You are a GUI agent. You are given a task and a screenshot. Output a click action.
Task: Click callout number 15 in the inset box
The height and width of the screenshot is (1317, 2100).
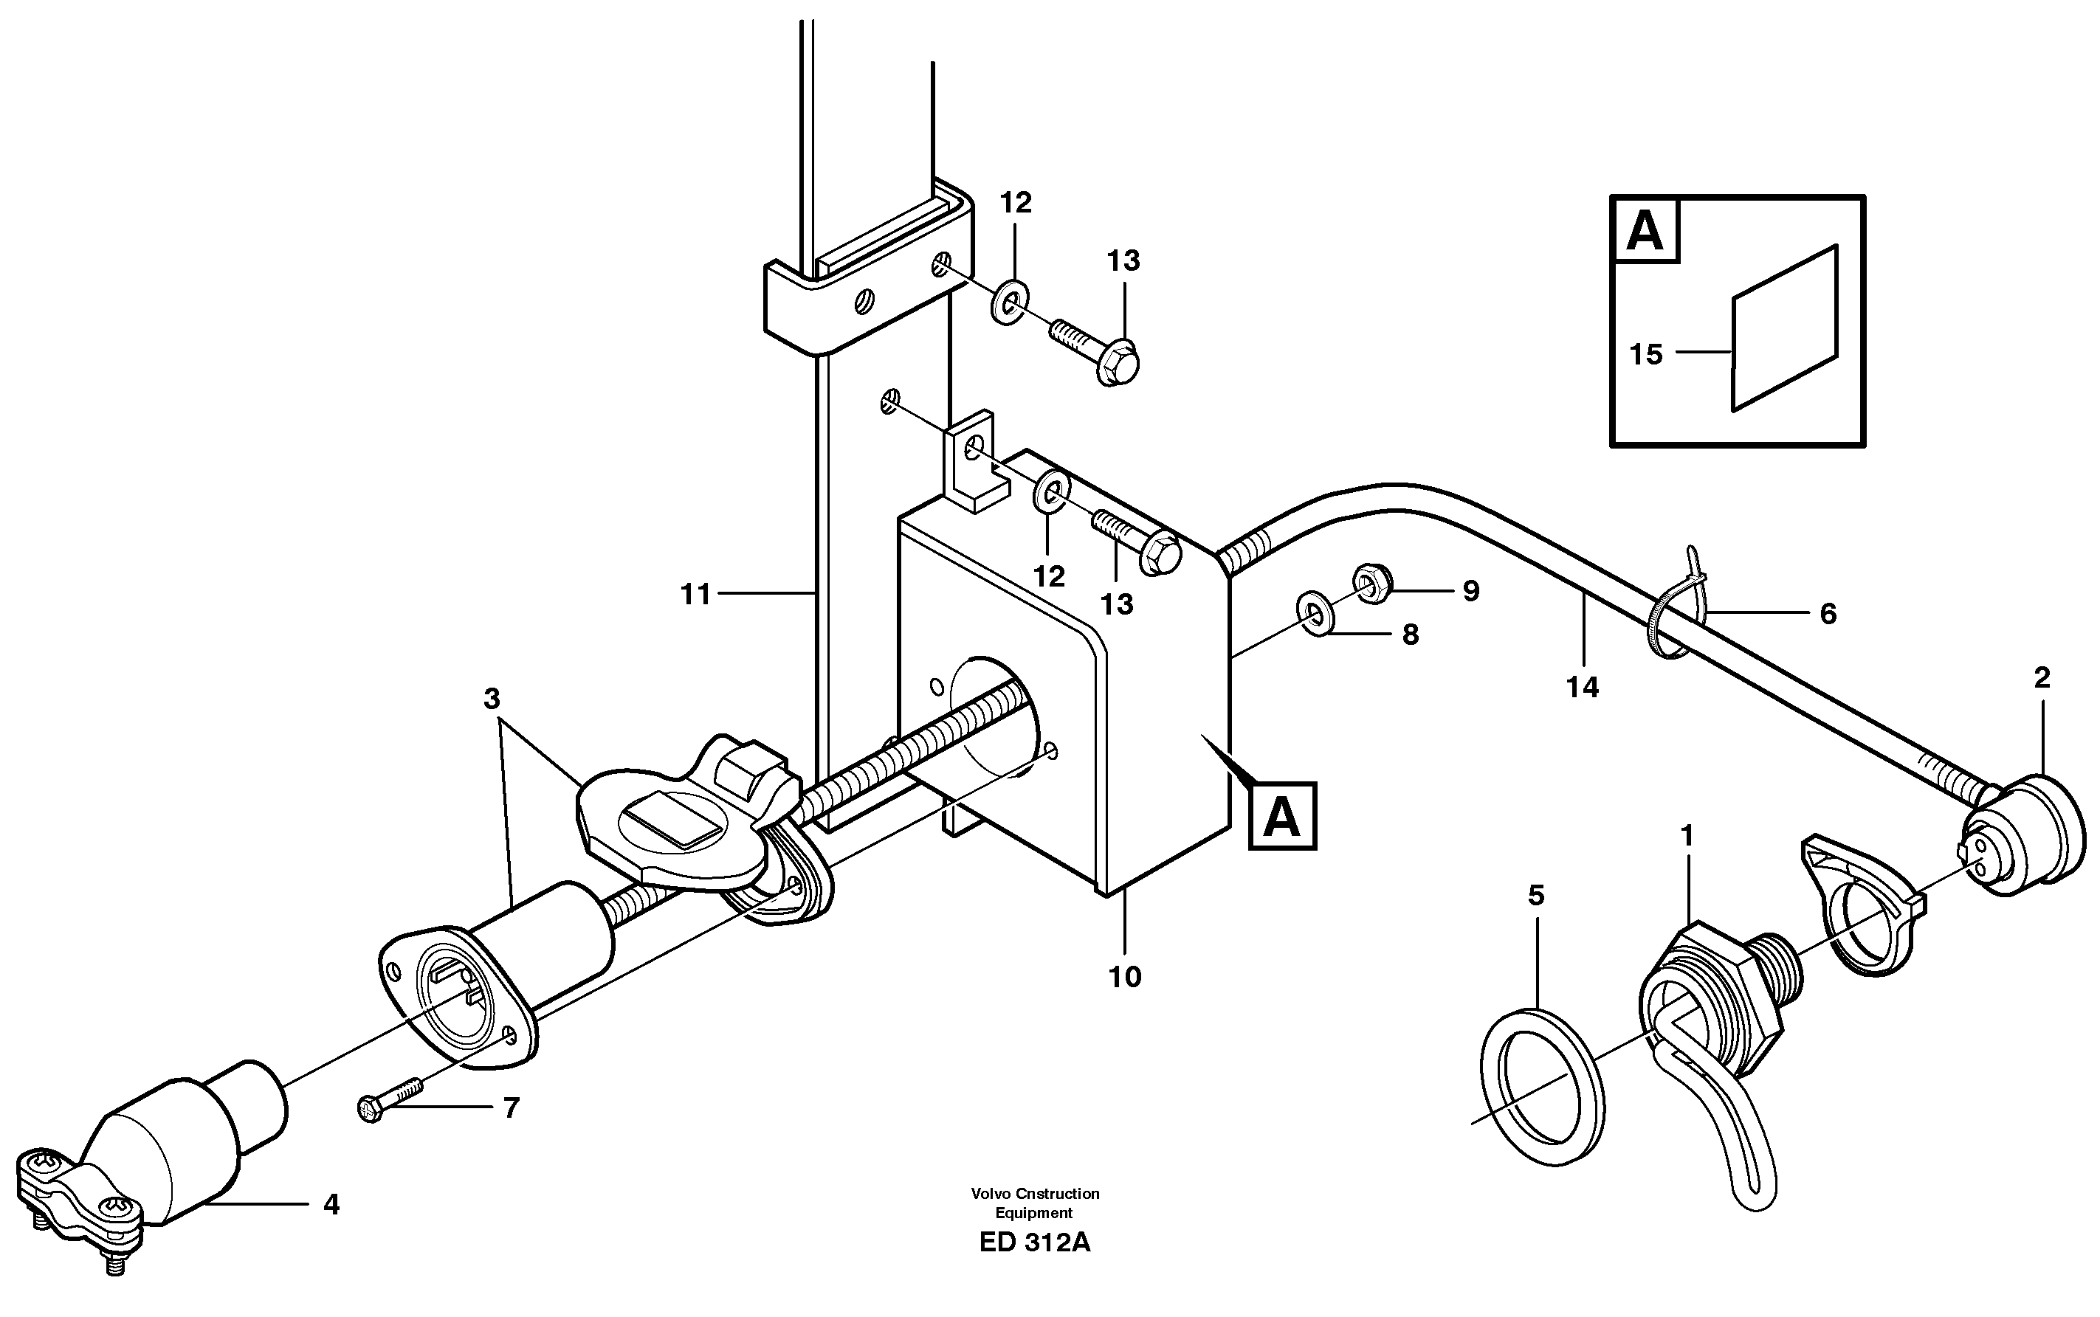[x=1645, y=354]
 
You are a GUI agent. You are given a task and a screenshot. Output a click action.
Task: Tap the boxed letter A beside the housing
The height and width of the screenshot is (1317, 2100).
[x=1282, y=816]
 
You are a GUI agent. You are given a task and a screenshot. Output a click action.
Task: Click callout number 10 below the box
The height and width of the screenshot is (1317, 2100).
[x=1124, y=978]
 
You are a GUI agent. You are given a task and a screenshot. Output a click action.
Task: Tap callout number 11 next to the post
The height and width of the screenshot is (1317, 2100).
[x=695, y=595]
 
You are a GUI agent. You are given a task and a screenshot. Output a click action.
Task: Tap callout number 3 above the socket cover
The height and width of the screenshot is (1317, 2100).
[x=492, y=699]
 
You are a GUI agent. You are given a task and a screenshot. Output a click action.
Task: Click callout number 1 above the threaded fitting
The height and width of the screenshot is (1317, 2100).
[x=1687, y=836]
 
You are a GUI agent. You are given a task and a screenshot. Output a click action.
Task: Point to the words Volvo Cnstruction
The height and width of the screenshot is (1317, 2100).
[x=1035, y=1193]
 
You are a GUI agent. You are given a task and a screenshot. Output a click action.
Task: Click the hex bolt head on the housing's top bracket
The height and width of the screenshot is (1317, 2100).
[x=1160, y=555]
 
